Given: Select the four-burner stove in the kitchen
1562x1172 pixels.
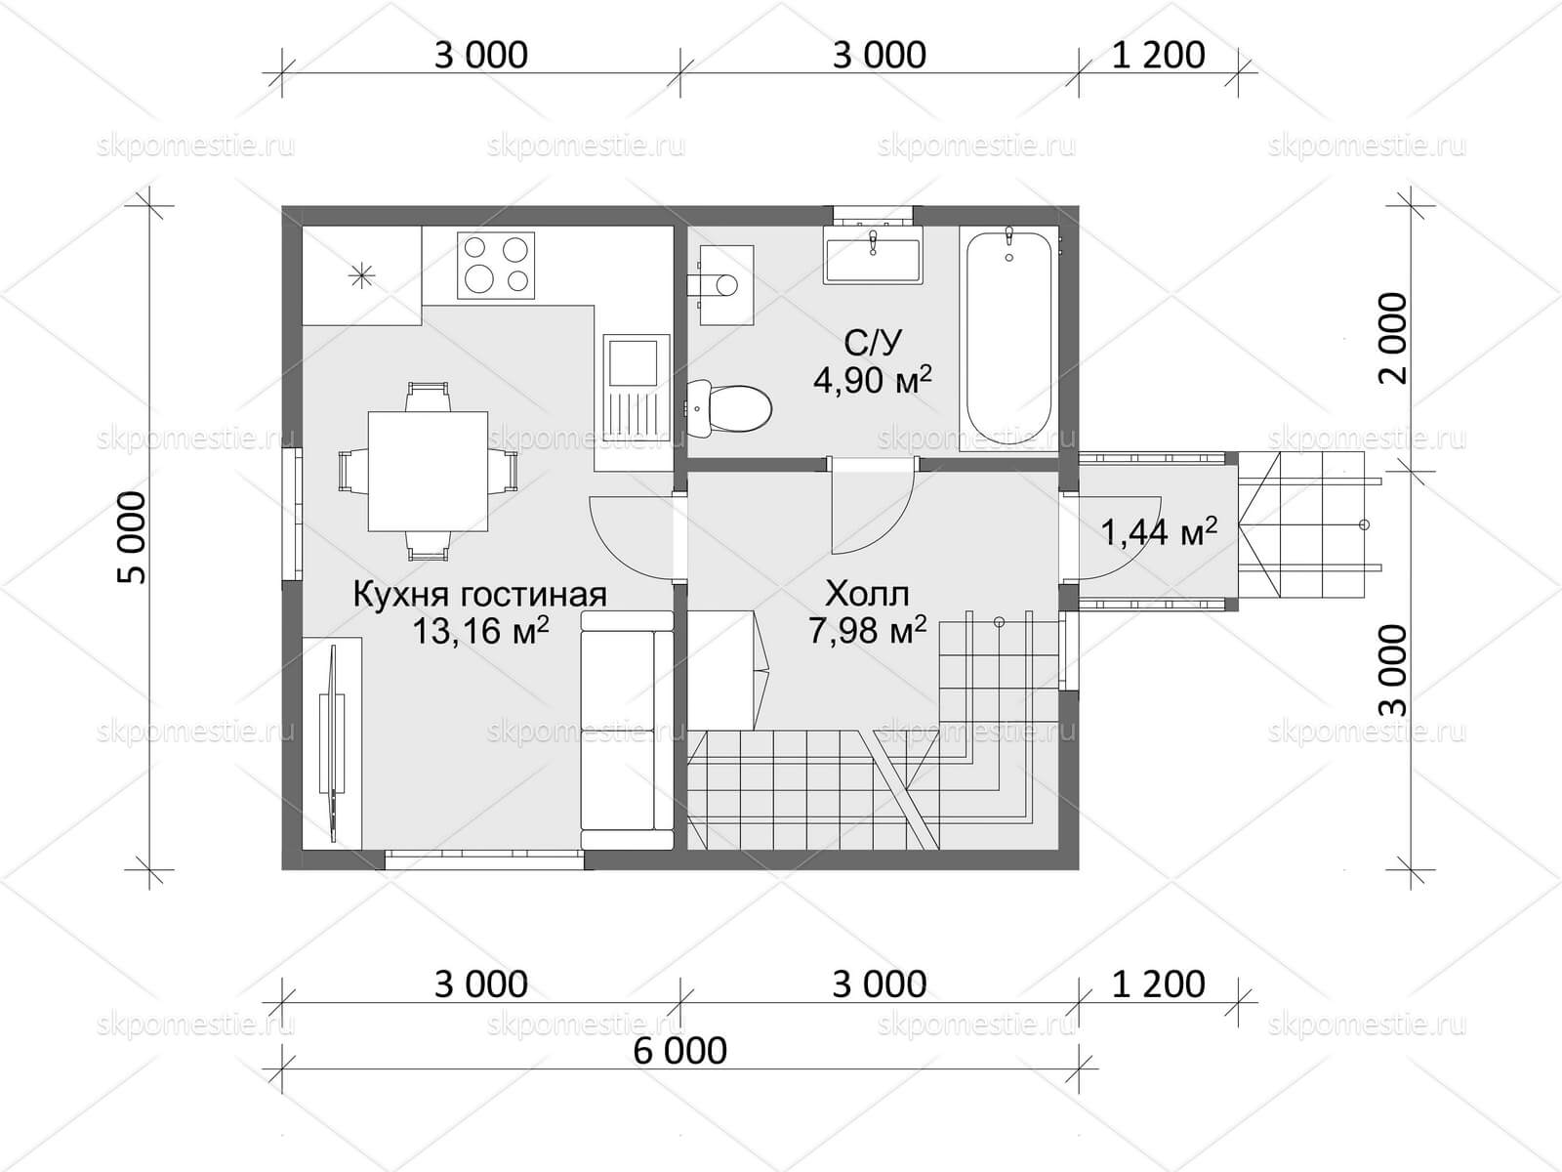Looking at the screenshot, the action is [x=497, y=266].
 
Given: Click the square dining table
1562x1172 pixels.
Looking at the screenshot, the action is [x=428, y=471].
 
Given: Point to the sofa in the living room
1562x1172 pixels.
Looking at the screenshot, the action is [x=627, y=731].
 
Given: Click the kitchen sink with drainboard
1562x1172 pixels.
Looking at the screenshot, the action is [x=637, y=386].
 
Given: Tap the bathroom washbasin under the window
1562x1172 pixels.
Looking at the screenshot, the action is [x=872, y=256].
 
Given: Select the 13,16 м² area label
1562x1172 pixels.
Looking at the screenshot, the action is [x=481, y=631].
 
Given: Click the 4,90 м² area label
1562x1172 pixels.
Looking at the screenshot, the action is [x=873, y=381].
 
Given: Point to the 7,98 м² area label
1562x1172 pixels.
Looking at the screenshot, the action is [x=867, y=629].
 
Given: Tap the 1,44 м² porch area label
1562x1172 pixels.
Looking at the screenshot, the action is [x=1159, y=531].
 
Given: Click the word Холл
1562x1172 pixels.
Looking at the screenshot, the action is [x=867, y=593].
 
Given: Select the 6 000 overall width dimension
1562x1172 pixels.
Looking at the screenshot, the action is [x=680, y=1050].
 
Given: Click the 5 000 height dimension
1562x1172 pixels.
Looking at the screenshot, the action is [x=133, y=538].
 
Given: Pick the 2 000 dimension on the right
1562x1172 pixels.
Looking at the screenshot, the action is [x=1393, y=338].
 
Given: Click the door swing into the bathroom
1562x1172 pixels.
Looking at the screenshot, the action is [x=873, y=510].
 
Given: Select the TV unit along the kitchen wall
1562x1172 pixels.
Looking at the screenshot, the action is [x=332, y=743].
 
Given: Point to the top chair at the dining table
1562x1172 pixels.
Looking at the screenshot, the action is [x=428, y=397].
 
